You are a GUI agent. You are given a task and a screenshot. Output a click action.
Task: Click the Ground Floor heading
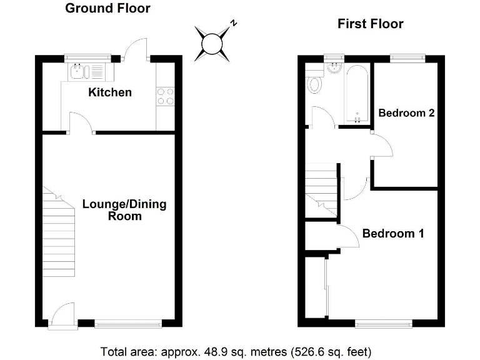[x=107, y=9]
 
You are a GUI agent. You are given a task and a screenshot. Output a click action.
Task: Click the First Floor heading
[x=370, y=24]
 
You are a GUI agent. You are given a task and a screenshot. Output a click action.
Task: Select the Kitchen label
[x=110, y=92]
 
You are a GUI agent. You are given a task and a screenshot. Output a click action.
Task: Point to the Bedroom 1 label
[x=393, y=234]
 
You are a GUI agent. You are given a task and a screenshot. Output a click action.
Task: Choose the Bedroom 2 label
[x=406, y=113]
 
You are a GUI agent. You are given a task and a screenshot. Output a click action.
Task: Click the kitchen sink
[x=87, y=71]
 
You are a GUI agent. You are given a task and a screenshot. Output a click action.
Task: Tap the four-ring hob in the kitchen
[x=166, y=96]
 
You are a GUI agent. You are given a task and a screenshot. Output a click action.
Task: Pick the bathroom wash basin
[x=334, y=68]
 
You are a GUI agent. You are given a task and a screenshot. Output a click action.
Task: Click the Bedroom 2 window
[x=407, y=58]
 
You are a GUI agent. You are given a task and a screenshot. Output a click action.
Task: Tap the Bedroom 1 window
[x=384, y=323]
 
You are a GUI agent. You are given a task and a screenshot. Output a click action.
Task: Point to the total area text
[x=240, y=350]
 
